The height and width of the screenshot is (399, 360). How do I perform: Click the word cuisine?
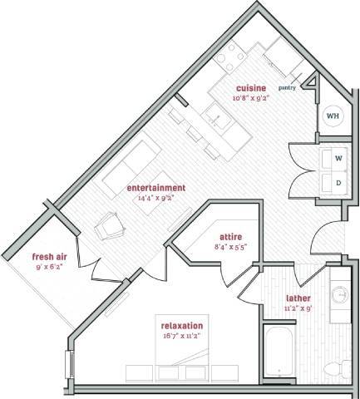tap(250, 87)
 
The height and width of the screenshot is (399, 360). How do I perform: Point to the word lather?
tap(298, 297)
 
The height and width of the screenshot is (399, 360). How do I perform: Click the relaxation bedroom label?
tap(183, 327)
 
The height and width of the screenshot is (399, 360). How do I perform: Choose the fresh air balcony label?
tap(49, 256)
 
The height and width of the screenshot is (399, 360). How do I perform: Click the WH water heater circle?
tap(332, 116)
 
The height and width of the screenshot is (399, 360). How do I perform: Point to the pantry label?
tap(288, 86)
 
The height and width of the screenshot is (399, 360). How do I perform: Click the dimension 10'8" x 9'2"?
tap(250, 97)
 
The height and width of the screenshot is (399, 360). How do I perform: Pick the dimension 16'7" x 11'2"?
tap(183, 337)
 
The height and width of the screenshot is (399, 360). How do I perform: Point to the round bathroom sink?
tap(340, 296)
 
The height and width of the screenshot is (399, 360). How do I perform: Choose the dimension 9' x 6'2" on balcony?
tap(49, 266)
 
